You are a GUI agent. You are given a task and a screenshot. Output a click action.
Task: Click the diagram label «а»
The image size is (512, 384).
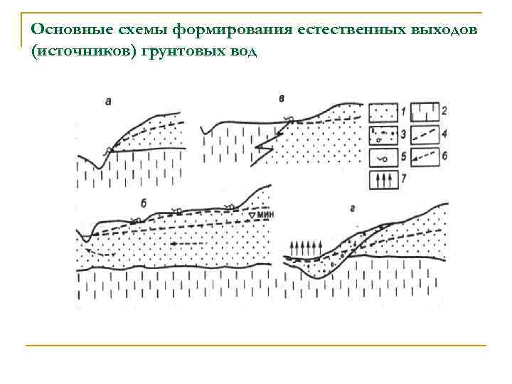coord(108,102)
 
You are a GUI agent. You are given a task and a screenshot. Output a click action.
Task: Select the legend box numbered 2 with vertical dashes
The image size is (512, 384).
coord(424,112)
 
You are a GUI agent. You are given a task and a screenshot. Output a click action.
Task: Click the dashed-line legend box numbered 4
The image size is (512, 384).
coord(424,134)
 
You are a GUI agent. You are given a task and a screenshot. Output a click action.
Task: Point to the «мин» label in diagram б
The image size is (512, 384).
coord(265,214)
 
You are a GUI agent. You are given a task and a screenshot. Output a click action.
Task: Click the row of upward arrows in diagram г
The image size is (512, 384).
coord(306,248)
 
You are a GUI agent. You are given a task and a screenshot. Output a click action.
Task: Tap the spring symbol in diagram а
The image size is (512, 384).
coord(109,149)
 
